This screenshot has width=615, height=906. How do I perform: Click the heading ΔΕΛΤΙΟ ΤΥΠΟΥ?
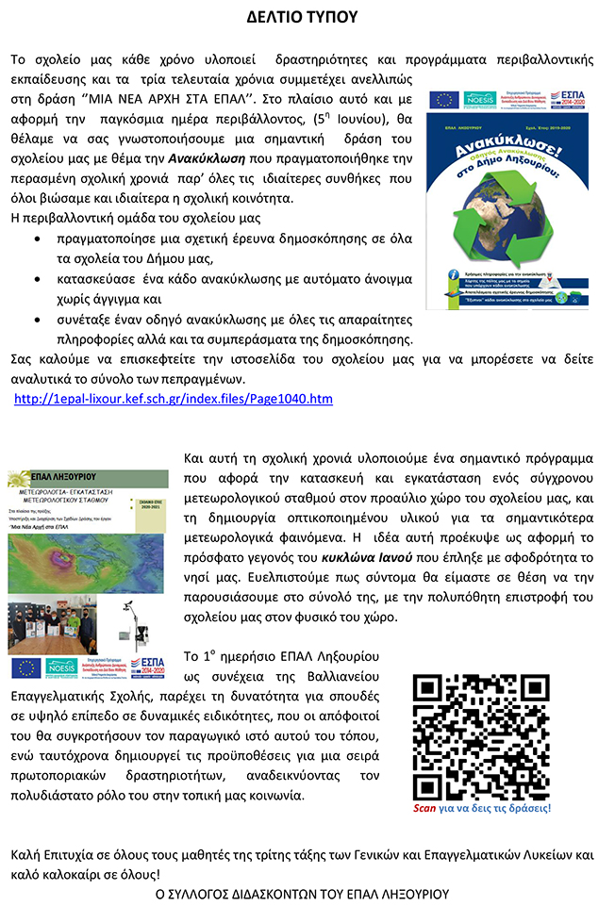(307, 18)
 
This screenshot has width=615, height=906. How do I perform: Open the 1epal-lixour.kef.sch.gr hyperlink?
(174, 399)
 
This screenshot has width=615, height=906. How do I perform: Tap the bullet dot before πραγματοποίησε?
(37, 239)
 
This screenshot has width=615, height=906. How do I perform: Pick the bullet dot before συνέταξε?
(37, 320)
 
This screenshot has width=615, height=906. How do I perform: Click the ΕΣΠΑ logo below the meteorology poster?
(147, 667)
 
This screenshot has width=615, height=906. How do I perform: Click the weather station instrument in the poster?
(131, 618)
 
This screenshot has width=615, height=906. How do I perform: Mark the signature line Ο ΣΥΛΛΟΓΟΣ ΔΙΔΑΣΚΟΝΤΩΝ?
(302, 892)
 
